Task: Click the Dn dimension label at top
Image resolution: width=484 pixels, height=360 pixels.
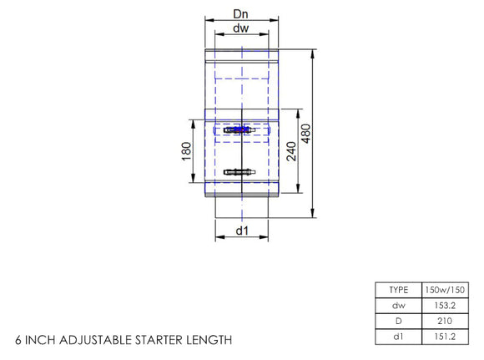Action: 239,14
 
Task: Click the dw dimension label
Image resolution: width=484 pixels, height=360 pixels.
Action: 239,29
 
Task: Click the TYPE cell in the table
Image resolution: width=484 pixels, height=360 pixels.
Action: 399,290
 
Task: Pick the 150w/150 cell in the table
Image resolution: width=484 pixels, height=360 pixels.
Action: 444,290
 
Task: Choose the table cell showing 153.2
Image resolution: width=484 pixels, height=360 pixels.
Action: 444,305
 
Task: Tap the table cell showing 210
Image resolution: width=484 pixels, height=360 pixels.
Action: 444,321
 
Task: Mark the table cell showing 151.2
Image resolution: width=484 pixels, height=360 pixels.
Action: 444,337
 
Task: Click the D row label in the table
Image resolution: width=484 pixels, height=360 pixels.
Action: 399,321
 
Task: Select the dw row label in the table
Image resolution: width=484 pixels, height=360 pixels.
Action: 399,305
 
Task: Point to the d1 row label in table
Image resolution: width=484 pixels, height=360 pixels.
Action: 399,337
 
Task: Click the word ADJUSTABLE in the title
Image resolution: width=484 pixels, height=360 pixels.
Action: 98,341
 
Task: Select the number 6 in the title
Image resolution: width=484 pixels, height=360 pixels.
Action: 18,341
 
